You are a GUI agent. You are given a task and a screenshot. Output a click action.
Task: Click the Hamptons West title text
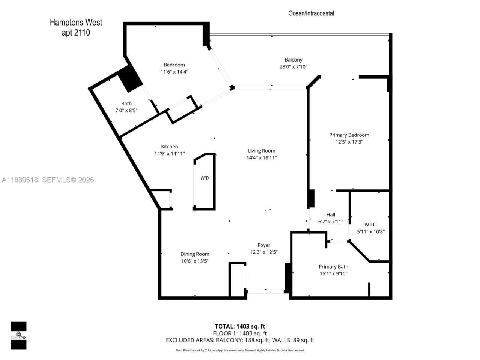tap(76, 22)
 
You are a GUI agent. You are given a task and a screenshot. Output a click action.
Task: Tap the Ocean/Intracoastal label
tap(311, 13)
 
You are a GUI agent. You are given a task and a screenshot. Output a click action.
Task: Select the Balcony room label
tap(293, 60)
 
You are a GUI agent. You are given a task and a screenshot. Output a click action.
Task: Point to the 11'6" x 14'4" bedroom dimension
tap(174, 72)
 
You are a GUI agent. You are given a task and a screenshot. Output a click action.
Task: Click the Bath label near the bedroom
tap(126, 103)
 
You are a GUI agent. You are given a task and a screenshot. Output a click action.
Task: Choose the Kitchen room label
tap(169, 147)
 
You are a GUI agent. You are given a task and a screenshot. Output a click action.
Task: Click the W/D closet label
tap(205, 178)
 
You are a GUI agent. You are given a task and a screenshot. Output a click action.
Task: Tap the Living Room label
tap(261, 151)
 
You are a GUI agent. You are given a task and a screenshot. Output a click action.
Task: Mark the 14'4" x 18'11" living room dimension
tap(261, 158)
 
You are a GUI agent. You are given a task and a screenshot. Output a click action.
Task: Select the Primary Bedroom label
tap(349, 135)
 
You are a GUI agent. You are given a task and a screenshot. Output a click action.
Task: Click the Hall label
tap(331, 215)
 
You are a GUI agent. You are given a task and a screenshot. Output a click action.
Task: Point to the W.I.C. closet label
tap(371, 225)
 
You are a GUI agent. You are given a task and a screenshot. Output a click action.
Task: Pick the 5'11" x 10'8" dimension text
tap(371, 232)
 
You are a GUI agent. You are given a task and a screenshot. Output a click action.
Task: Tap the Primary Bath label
tap(333, 267)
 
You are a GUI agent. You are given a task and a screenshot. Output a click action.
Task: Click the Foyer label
tap(264, 245)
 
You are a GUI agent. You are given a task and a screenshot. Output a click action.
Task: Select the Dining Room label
tap(195, 254)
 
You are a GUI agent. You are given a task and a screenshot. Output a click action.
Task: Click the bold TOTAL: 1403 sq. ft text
tap(240, 326)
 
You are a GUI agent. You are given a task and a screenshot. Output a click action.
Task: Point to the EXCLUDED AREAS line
tap(240, 340)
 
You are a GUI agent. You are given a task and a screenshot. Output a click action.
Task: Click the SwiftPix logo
tap(18, 335)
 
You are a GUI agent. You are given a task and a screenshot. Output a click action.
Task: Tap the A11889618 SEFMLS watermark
tap(48, 180)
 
